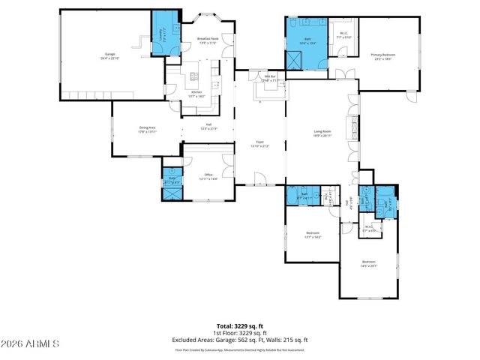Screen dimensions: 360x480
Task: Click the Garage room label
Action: pos(109,56)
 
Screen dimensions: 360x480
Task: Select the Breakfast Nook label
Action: pos(207,40)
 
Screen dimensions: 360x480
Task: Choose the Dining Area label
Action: pos(147,129)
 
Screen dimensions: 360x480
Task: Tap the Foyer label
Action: pos(259,143)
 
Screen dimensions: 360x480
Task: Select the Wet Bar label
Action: pos(271,77)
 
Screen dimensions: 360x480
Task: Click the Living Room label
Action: pos(323,133)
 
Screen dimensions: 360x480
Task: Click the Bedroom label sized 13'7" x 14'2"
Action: pos(313,234)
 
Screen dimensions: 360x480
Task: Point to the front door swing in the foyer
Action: pos(261,178)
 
